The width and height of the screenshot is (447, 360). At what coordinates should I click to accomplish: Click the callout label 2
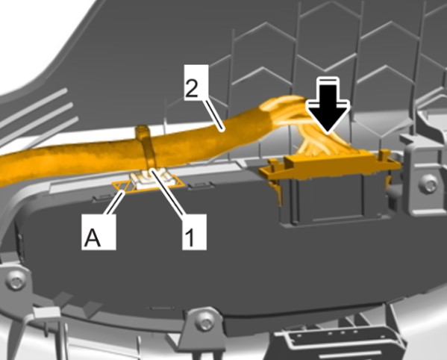pyautogui.click(x=196, y=82)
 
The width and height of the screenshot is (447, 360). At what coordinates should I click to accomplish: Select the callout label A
pyautogui.click(x=99, y=232)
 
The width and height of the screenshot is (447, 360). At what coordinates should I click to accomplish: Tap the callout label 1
pyautogui.click(x=194, y=232)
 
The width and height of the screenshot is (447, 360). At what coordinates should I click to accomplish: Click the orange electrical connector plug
pyautogui.click(x=331, y=166)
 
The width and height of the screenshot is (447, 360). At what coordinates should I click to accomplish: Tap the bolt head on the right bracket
pyautogui.click(x=428, y=184)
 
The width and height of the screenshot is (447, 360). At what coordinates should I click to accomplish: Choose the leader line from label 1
pyautogui.click(x=167, y=192)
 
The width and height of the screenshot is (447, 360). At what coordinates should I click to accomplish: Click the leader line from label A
pyautogui.click(x=115, y=203)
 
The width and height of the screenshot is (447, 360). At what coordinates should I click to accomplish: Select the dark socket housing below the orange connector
pyautogui.click(x=328, y=199)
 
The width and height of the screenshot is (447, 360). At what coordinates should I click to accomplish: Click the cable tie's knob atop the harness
pyautogui.click(x=143, y=131)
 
